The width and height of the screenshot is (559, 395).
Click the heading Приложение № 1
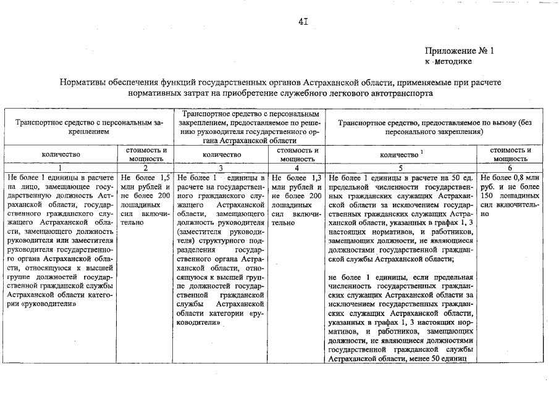tap(460, 51)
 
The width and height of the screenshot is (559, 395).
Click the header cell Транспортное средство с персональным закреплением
tap(90, 127)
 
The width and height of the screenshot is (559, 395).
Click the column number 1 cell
tap(61, 167)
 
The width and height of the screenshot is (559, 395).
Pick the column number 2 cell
tap(146, 167)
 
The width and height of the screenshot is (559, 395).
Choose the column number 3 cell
tap(221, 167)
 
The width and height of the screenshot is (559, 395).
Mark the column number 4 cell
tap(297, 167)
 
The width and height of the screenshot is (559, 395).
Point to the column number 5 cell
tap(401, 167)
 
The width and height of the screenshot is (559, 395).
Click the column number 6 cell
tap(511, 167)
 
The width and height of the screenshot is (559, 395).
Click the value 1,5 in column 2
tap(163, 178)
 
